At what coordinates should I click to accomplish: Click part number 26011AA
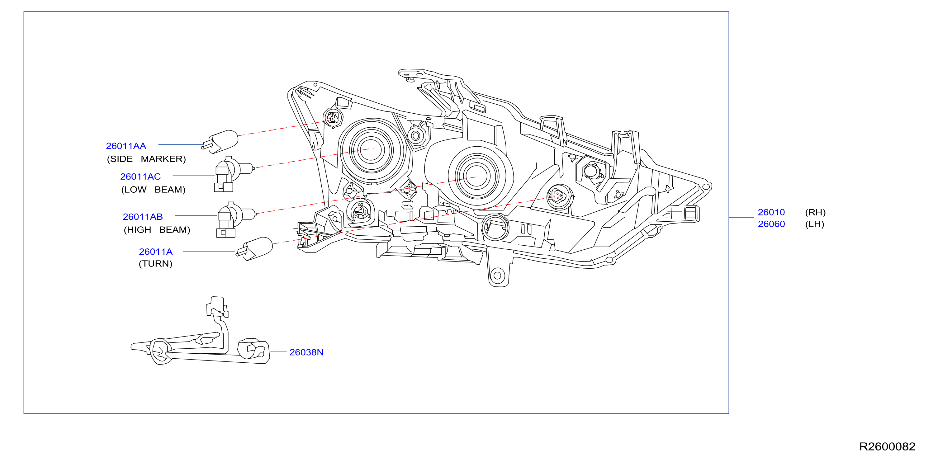tap(126, 146)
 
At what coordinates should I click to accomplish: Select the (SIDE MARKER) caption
tap(146, 159)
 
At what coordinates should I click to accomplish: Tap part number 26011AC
tap(140, 177)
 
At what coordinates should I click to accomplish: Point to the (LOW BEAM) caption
tap(153, 190)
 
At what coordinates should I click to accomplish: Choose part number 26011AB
tap(143, 217)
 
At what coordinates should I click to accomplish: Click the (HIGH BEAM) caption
tap(157, 230)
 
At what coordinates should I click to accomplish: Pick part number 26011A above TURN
tap(156, 252)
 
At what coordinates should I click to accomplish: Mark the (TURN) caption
tap(156, 264)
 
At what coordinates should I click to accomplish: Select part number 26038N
tap(306, 352)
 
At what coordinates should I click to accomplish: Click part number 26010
tap(771, 212)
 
